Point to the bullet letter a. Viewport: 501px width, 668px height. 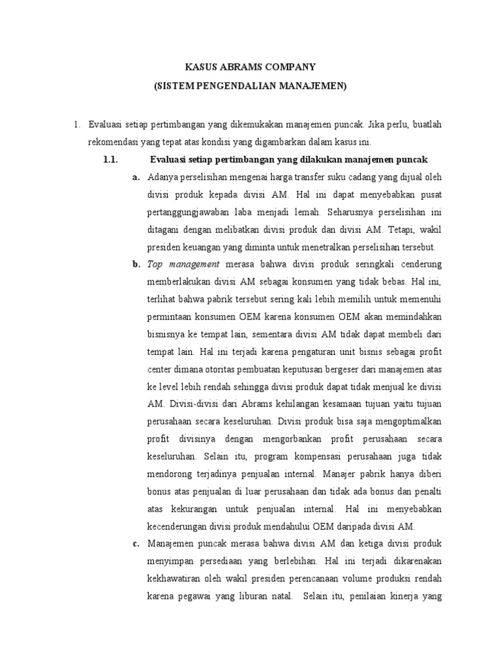(x=136, y=177)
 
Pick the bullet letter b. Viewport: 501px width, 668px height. (x=136, y=264)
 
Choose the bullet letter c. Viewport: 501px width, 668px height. (x=136, y=543)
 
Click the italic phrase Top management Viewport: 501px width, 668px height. (x=183, y=264)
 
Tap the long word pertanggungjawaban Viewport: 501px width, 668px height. (x=194, y=212)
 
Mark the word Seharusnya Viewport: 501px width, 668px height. (x=346, y=212)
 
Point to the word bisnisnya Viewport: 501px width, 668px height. (x=168, y=334)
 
